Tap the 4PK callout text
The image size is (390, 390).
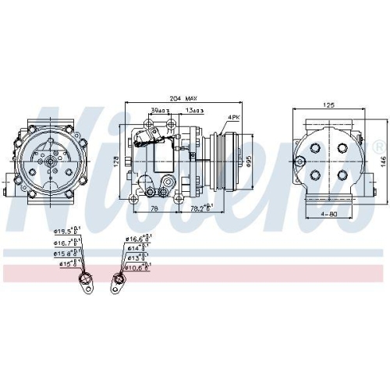pyautogui.click(x=232, y=117)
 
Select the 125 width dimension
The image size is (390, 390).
pyautogui.click(x=330, y=104)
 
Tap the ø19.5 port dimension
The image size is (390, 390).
pyautogui.click(x=65, y=232)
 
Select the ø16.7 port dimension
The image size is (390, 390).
pyautogui.click(x=65, y=243)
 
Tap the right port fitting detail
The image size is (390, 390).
pyautogui.click(x=119, y=278)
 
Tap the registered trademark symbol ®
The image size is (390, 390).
pyautogui.click(x=379, y=146)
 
